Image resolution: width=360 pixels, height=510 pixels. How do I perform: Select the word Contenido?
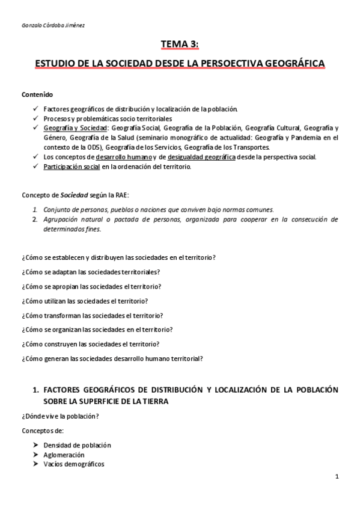coord(37,94)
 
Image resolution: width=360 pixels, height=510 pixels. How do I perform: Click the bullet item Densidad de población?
coord(77,445)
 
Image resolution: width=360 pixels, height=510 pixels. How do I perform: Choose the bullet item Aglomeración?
coord(64,455)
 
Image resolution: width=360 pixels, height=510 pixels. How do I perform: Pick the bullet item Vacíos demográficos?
coord(73,464)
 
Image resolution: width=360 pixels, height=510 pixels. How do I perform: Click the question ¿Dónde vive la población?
coord(60,416)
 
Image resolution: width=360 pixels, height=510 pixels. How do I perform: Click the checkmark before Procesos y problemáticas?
coord(35,118)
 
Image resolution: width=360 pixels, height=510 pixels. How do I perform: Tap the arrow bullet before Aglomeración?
coord(35,455)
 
